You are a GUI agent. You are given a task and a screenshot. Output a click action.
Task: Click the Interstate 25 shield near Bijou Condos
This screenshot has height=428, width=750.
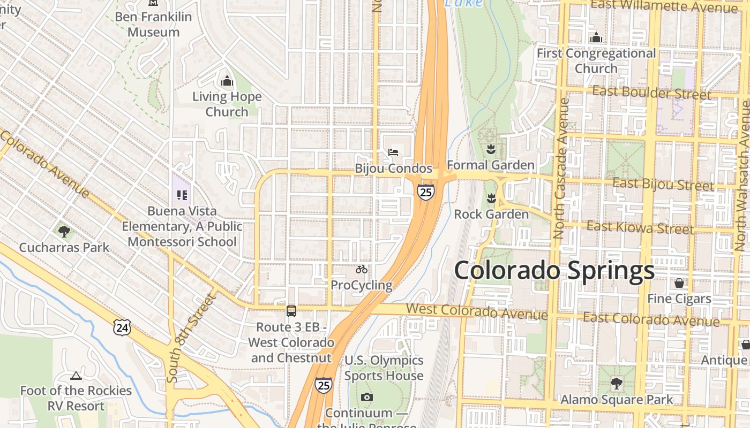coord(426,192)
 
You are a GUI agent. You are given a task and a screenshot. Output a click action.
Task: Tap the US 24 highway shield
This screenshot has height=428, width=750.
coord(122,327)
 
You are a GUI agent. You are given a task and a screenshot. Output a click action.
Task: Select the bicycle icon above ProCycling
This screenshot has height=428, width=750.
coord(362,269)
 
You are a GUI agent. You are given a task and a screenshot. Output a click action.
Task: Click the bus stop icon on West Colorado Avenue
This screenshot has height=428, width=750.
coord(291,311)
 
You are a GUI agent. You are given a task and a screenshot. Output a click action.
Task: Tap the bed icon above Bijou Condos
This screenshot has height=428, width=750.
coord(393,152)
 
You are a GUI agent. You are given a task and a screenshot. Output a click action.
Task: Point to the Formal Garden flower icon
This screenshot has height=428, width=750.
coord(490,148)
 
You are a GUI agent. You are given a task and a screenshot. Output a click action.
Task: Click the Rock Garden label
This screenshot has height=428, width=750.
coord(491,215)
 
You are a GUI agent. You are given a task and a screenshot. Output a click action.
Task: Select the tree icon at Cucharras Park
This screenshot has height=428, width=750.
coord(64,232)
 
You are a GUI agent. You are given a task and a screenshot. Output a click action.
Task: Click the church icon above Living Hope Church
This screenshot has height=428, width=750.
coord(227,82)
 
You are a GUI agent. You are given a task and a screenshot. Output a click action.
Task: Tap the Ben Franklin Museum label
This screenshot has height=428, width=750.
coord(154,24)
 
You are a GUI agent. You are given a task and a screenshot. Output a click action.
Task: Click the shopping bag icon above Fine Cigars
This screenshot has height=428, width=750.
coord(679,282)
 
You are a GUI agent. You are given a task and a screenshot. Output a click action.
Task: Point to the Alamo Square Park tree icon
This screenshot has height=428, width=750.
coord(617,383)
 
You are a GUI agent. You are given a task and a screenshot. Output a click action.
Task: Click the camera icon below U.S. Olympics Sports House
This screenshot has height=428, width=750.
coord(367,397)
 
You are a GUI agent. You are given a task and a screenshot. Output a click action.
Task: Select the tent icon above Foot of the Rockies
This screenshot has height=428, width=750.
coord(76,376)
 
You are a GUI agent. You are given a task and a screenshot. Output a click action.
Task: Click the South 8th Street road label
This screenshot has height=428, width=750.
coord(190,338)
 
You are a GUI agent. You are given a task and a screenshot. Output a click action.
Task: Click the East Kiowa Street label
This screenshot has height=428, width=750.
coord(640,228)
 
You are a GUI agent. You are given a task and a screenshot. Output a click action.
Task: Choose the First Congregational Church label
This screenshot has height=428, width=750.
coord(596,61)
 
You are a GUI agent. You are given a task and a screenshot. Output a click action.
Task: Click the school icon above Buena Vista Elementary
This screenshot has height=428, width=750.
coord(182,195)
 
